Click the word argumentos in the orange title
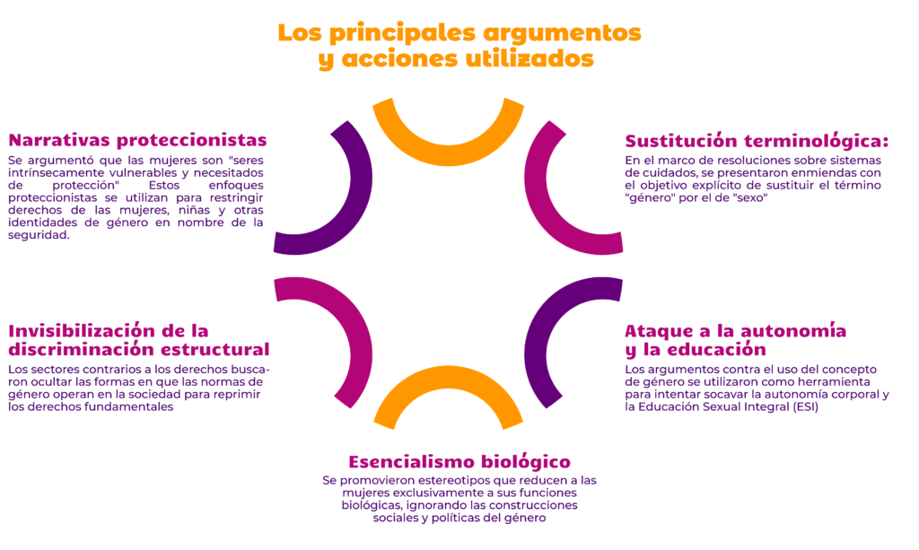coord(562,33)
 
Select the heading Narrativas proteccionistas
coord(137,141)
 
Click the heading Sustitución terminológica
coord(757,141)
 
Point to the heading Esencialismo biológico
coord(459,462)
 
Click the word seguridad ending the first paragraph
coord(39,235)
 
